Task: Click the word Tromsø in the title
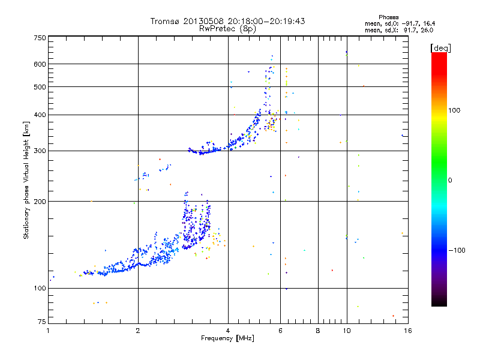click(163, 21)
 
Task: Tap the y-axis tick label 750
click(40, 38)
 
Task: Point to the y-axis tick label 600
click(40, 64)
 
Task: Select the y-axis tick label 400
click(40, 115)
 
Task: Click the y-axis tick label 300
click(40, 151)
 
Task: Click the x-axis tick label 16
click(406, 330)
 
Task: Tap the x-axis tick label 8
click(318, 330)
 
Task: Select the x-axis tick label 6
click(280, 330)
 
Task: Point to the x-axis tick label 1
click(49, 330)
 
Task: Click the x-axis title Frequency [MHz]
click(227, 338)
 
